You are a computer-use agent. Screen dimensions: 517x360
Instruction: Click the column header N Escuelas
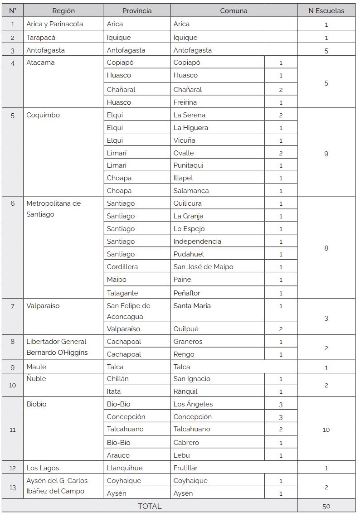point(326,10)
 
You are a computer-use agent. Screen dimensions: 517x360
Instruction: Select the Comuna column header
point(234,10)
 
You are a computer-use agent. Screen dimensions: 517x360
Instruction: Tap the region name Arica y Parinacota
point(55,24)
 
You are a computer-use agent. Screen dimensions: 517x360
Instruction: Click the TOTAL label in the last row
point(150,506)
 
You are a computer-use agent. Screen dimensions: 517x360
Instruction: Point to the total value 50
point(326,506)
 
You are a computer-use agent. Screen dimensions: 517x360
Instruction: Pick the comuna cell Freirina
point(185,102)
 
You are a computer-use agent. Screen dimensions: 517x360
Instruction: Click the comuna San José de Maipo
point(203,267)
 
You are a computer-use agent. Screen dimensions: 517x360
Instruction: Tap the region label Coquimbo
point(43,115)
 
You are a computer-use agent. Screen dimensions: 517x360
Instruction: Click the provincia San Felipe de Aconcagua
point(128,311)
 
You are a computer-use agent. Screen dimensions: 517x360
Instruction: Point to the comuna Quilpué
point(186,329)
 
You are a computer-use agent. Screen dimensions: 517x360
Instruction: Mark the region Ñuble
point(36,379)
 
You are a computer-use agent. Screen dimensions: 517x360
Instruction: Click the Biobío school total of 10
point(326,430)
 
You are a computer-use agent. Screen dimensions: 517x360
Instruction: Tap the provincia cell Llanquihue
point(125,468)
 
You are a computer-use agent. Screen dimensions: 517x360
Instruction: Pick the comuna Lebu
point(181,455)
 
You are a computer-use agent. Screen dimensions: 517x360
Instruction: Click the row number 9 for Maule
point(13,367)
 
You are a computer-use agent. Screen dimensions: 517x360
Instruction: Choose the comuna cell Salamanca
point(191,191)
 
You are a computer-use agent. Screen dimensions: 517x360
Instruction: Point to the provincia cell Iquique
point(119,38)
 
